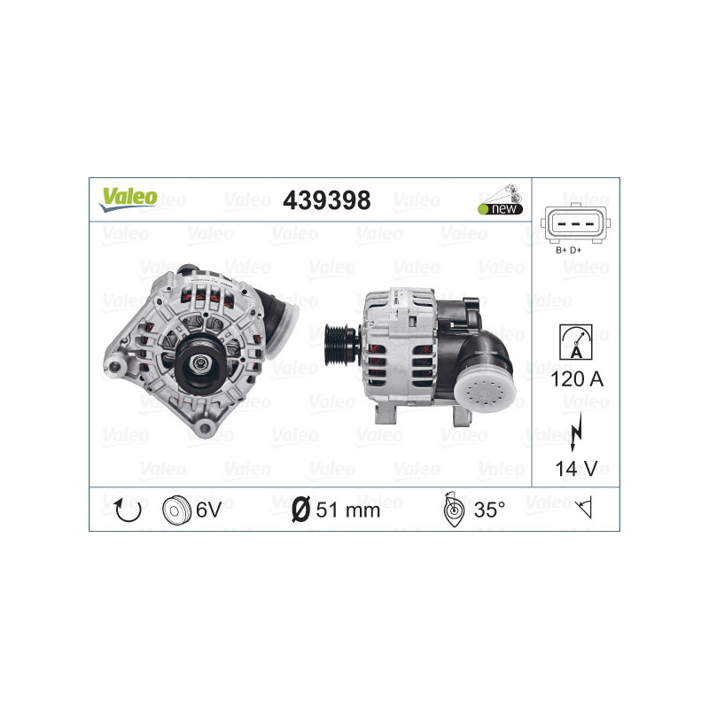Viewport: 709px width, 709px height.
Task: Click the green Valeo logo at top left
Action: [x=128, y=197]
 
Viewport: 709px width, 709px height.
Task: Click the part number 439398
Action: [x=325, y=201]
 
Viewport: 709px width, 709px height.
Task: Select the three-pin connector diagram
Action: [x=575, y=225]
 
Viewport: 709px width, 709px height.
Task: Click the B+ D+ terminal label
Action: [x=568, y=250]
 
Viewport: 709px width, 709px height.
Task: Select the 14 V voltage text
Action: [x=575, y=469]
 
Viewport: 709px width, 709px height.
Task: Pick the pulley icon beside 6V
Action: [x=176, y=510]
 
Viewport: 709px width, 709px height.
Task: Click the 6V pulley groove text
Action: [x=207, y=510]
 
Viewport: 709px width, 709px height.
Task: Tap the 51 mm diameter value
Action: [x=347, y=510]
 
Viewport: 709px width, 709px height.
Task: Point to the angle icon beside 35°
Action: [x=451, y=510]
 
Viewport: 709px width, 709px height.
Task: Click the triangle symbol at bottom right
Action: [x=583, y=509]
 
